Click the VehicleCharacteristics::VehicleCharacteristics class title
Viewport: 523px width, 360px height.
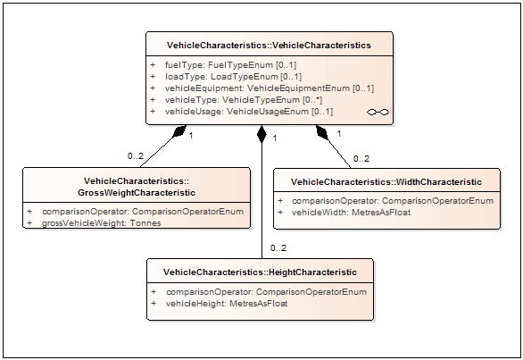269,46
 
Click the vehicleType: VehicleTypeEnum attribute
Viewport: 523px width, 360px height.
244,100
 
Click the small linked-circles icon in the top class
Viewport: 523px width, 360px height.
378,113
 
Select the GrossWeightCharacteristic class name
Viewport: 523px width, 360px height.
137,187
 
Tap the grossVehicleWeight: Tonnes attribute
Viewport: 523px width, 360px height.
102,223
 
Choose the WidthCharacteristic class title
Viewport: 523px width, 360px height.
386,182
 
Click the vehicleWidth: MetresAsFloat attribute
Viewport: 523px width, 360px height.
352,213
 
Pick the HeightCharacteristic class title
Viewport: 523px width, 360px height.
261,272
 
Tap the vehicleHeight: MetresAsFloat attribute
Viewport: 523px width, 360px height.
227,304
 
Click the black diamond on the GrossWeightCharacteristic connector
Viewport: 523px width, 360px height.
179,131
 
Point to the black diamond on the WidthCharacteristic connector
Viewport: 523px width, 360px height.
322,132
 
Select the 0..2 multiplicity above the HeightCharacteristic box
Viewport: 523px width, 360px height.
278,248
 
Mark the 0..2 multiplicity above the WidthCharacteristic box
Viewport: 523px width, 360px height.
361,159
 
